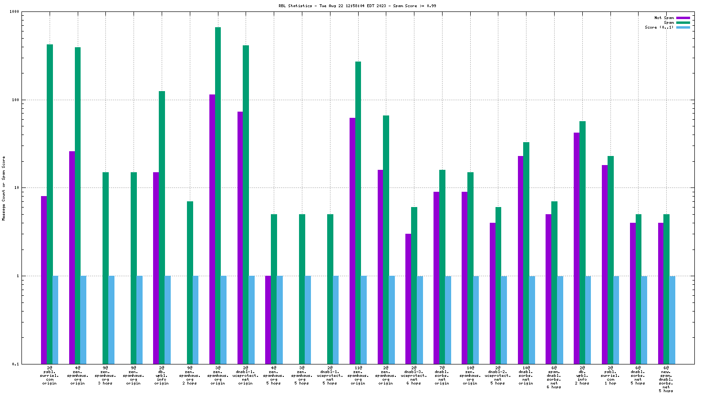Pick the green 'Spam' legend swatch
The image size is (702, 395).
tap(683, 22)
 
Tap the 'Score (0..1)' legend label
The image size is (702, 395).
tap(659, 27)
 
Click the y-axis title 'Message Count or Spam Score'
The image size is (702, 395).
tap(4, 188)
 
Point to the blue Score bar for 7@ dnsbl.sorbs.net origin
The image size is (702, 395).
tap(448, 320)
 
